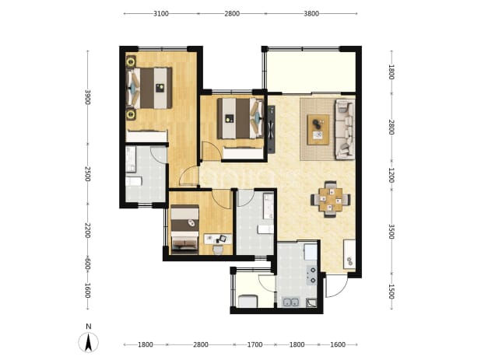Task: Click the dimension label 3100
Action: click(x=161, y=13)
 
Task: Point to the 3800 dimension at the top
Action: click(x=311, y=13)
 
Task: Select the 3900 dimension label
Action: click(x=88, y=97)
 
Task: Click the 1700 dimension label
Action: click(x=255, y=344)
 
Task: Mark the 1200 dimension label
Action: click(x=391, y=175)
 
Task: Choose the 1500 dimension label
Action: click(x=391, y=292)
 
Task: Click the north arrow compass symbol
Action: click(x=89, y=342)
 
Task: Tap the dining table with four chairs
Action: click(x=330, y=200)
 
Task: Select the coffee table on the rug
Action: click(x=318, y=129)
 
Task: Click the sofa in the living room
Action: click(x=345, y=129)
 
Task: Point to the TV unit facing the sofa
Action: click(x=271, y=129)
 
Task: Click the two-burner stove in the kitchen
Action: click(x=312, y=274)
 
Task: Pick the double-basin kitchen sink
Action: click(x=291, y=302)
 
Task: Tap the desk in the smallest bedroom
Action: click(x=218, y=239)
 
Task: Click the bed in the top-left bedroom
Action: click(x=149, y=88)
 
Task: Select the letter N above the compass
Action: click(x=89, y=327)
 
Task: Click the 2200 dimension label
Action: click(x=88, y=230)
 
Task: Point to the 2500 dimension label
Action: click(x=88, y=173)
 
